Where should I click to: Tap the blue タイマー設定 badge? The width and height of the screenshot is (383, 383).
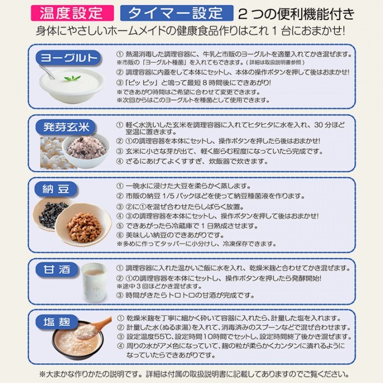click(x=177, y=12)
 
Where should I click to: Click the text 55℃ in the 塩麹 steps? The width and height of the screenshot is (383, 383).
click(x=163, y=337)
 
